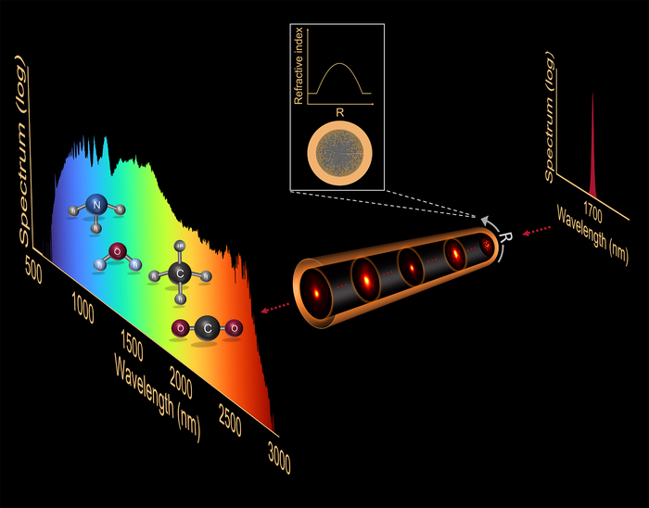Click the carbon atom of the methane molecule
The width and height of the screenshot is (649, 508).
[181, 272]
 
